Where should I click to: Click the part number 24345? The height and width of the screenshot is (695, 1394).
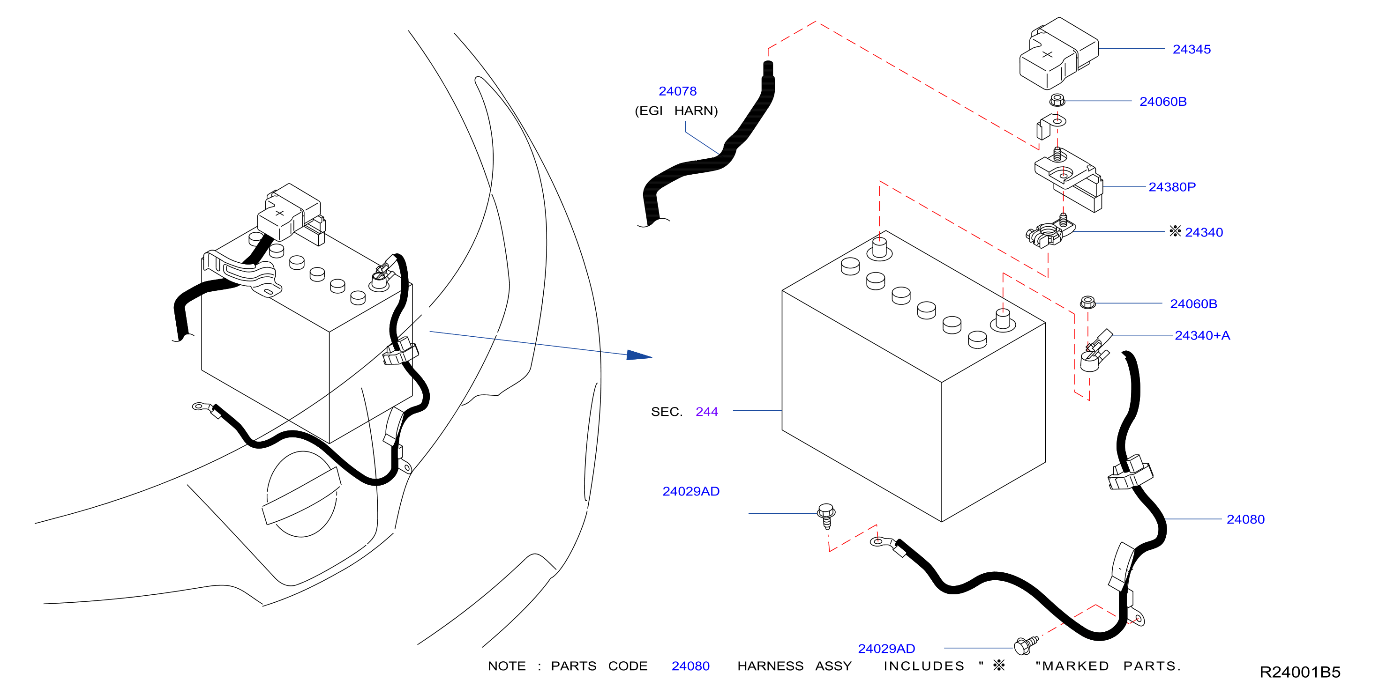click(1191, 49)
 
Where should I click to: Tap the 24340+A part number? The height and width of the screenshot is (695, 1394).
click(1202, 335)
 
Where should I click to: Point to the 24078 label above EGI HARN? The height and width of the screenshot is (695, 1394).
click(677, 91)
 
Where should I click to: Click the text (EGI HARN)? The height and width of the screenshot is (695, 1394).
click(676, 111)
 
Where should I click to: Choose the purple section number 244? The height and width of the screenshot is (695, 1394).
click(707, 412)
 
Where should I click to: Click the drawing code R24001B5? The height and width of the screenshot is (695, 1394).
click(1300, 672)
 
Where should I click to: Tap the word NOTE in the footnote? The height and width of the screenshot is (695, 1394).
click(507, 666)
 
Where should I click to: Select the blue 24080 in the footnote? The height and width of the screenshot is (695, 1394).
click(690, 666)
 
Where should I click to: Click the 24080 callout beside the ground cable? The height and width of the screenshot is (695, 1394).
click(1245, 519)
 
